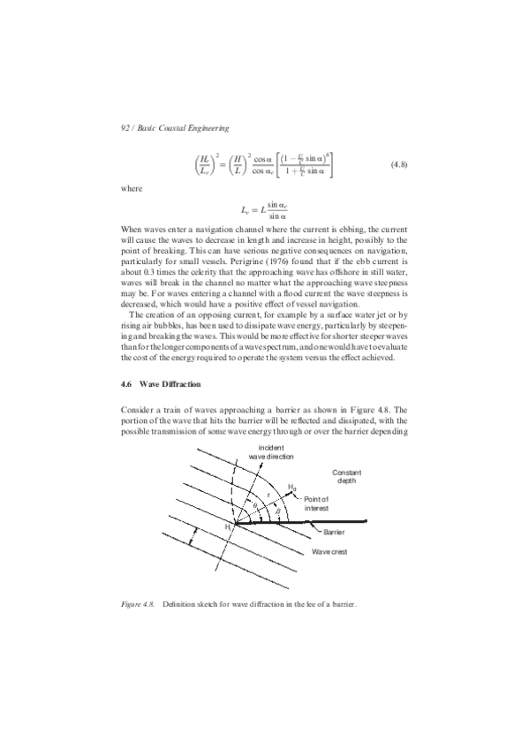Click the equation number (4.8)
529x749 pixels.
point(394,165)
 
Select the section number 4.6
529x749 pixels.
point(126,385)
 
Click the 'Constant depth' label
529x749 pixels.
point(344,476)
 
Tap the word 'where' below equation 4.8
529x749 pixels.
point(130,189)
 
